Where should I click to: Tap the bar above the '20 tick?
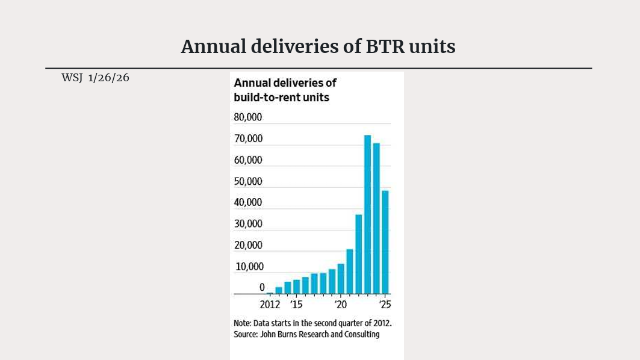pyautogui.click(x=341, y=279)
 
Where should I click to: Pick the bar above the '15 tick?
pyautogui.click(x=296, y=287)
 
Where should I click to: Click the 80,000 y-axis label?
pyautogui.click(x=248, y=117)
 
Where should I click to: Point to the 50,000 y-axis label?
pyautogui.click(x=248, y=181)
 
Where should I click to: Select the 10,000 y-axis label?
pyautogui.click(x=248, y=267)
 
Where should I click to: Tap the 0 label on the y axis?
pyautogui.click(x=262, y=287)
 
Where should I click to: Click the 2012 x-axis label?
pyautogui.click(x=270, y=304)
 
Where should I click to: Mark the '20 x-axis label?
pyautogui.click(x=340, y=304)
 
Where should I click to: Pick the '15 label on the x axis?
pyautogui.click(x=296, y=304)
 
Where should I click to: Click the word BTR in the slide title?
pyautogui.click(x=385, y=46)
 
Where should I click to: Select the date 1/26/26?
pyautogui.click(x=109, y=78)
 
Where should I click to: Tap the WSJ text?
pyautogui.click(x=72, y=78)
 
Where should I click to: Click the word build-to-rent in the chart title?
pyautogui.click(x=264, y=97)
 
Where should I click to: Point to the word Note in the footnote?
pyautogui.click(x=242, y=323)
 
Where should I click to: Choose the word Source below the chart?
pyautogui.click(x=244, y=335)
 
